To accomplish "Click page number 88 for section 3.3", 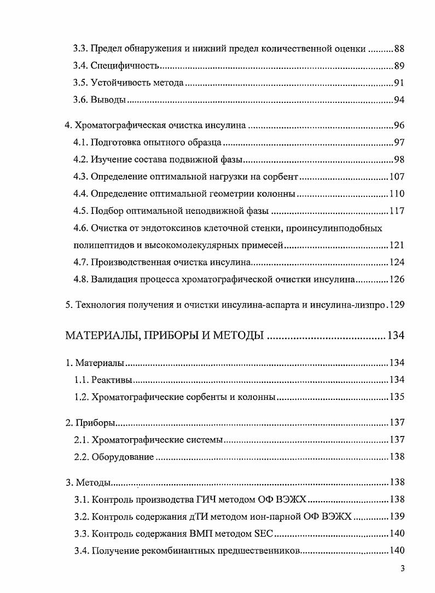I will click(398, 49).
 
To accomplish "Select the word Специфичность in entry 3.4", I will click(125, 66).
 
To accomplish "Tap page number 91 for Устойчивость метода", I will click(398, 83).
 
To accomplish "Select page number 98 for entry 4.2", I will click(398, 160).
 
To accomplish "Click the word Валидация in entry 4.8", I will click(113, 279).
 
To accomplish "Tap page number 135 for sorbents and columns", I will click(396, 397).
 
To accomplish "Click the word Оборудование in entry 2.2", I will click(123, 456).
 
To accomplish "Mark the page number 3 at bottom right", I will click(402, 568).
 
